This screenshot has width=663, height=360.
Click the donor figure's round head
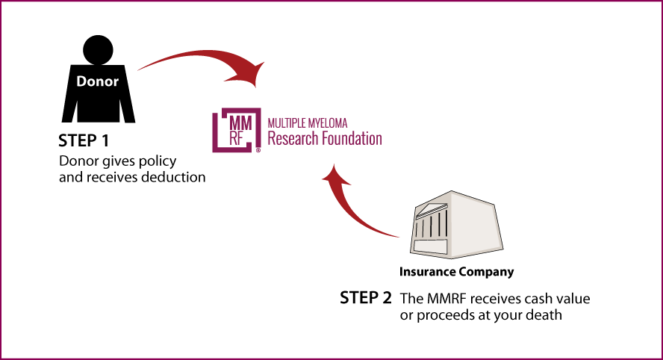click(98, 50)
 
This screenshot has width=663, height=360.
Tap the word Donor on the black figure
click(97, 81)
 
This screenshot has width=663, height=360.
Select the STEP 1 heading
click(84, 141)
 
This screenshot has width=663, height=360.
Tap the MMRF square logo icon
click(237, 130)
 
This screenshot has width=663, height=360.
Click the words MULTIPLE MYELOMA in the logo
click(308, 123)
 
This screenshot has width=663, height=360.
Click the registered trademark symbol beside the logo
click(258, 150)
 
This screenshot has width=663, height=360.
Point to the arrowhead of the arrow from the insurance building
click(336, 176)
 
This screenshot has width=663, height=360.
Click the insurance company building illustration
click(456, 225)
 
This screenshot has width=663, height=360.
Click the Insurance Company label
click(457, 272)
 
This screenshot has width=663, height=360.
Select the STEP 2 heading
click(366, 298)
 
